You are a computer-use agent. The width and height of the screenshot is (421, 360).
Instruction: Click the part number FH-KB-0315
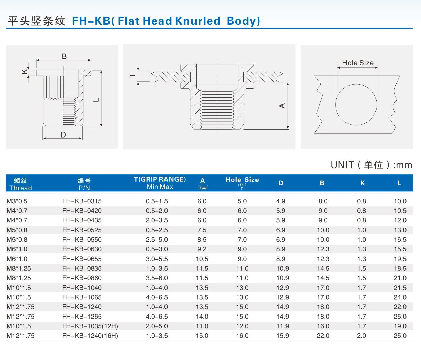pos(82,201)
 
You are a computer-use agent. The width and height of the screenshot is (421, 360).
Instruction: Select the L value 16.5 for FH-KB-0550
pos(400,239)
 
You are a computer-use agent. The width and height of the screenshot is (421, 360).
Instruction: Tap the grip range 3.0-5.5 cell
pos(157,259)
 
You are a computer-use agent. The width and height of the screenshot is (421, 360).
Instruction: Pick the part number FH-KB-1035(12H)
pos(90,326)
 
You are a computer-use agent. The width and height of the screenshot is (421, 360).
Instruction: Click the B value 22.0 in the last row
pos(323,335)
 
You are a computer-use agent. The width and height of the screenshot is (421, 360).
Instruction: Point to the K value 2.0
pos(361,335)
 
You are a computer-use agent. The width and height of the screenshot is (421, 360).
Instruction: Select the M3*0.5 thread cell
pos(17,201)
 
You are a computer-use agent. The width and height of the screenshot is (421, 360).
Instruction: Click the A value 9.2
pos(202,249)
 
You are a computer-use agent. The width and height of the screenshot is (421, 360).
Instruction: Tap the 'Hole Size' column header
pos(242,180)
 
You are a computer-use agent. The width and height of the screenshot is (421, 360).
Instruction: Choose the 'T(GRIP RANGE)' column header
pos(160,179)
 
